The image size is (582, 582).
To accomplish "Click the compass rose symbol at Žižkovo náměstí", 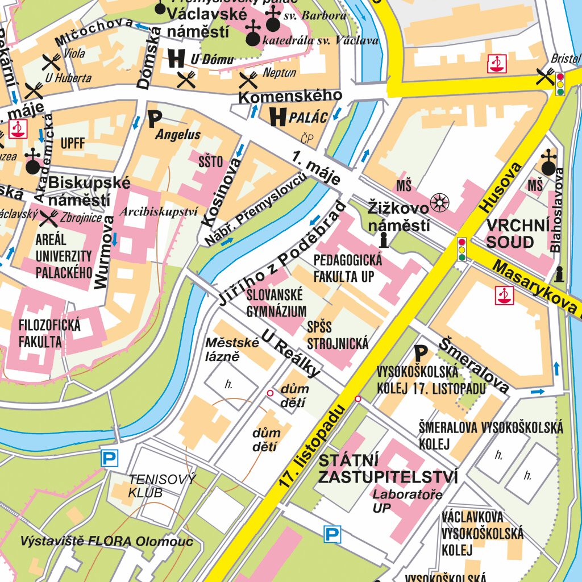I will click(x=440, y=202).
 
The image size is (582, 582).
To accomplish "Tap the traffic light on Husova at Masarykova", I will click(x=462, y=249).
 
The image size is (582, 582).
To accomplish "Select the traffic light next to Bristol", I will click(x=560, y=84).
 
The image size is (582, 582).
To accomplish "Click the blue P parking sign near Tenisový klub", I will click(x=109, y=458).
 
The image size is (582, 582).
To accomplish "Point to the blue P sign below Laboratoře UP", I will click(x=332, y=534).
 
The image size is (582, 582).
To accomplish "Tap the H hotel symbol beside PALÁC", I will click(x=277, y=117).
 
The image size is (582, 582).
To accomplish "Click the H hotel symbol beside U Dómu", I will click(x=177, y=57).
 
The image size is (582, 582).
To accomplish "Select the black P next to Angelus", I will click(x=155, y=119).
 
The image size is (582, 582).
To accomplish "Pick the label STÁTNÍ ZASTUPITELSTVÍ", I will click(x=388, y=468).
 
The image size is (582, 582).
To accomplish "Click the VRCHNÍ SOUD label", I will click(x=510, y=234).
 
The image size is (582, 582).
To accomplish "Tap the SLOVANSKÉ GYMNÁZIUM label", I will click(x=276, y=303).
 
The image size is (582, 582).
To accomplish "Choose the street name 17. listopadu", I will click(x=313, y=447).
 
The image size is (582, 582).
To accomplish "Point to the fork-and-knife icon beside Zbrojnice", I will click(x=49, y=217).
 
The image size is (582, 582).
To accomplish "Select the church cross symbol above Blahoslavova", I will click(x=548, y=164).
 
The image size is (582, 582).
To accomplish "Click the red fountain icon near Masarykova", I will click(x=504, y=295).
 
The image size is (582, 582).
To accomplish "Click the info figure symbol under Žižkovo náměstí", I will click(x=384, y=240).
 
